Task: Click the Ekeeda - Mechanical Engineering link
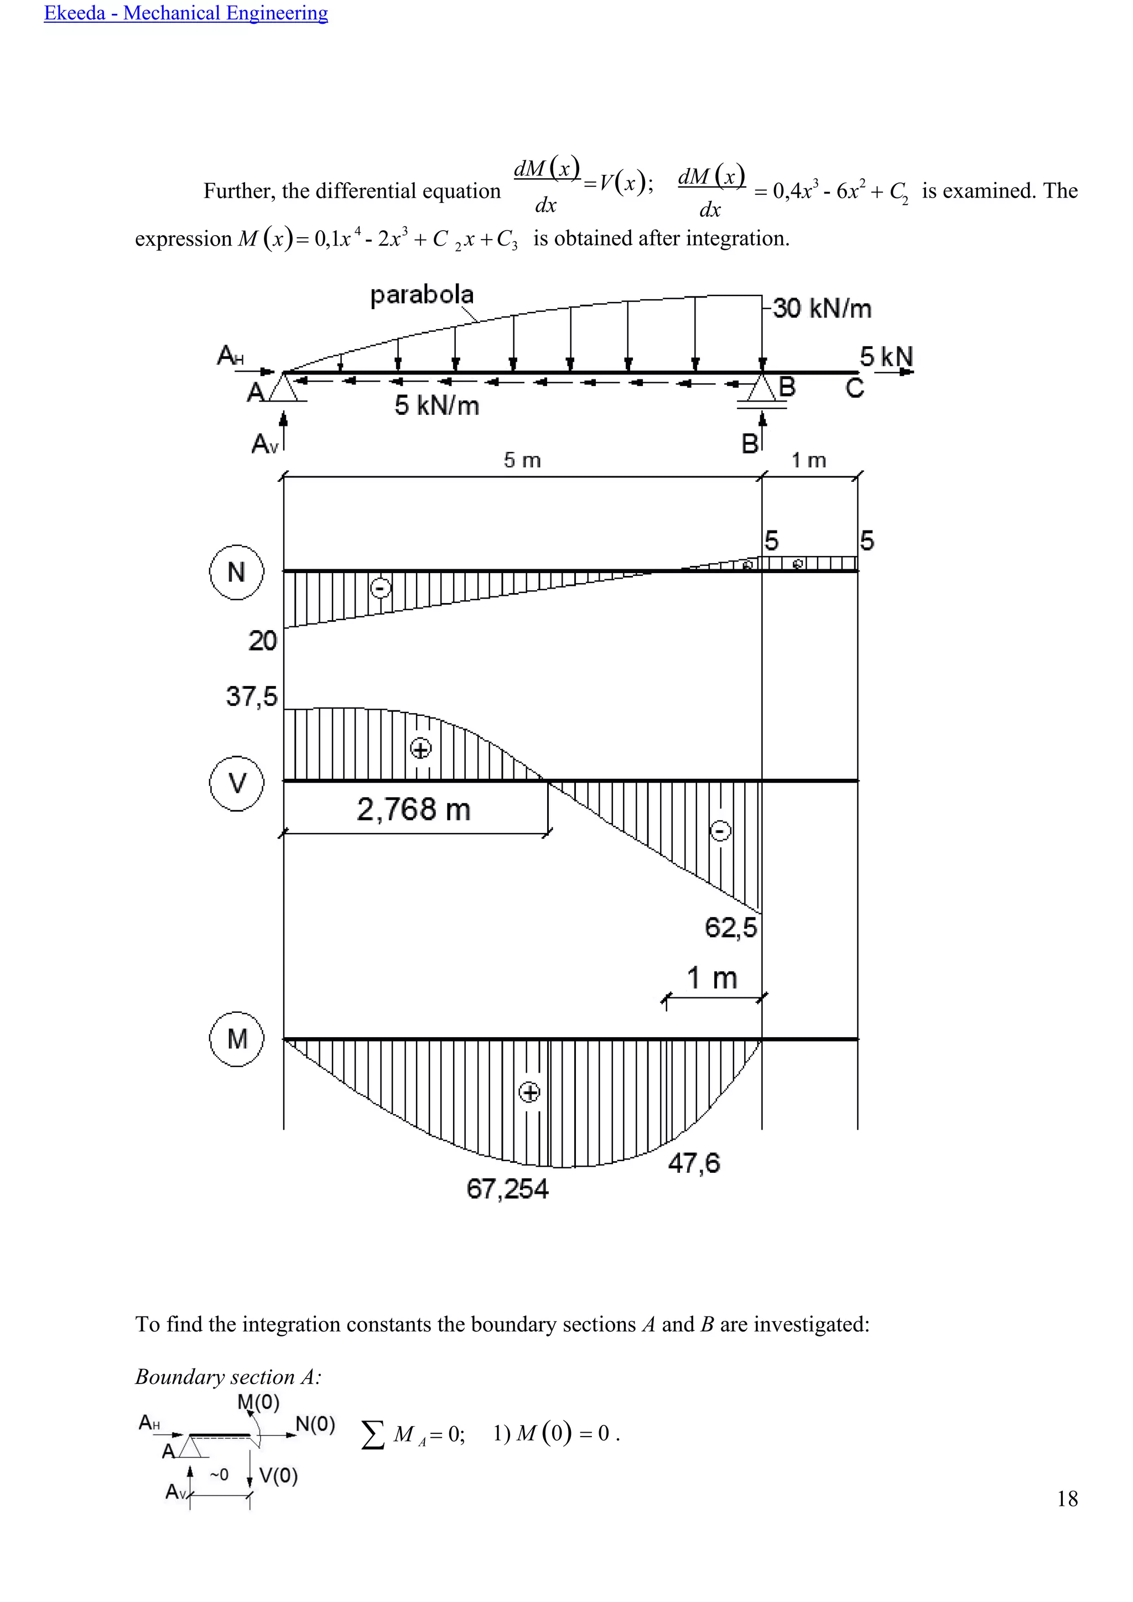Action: pos(185,13)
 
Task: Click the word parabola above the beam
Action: pos(422,295)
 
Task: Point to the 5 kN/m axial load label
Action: pos(436,405)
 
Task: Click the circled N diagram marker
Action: pos(237,572)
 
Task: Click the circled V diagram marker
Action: pos(237,783)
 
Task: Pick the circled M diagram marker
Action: pos(237,1039)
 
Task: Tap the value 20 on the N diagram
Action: pos(262,641)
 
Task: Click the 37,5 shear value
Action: pos(251,696)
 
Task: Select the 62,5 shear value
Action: pos(730,927)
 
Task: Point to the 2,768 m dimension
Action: pos(413,809)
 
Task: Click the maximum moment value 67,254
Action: pos(507,1189)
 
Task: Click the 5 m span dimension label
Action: pos(522,460)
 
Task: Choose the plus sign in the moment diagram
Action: pos(529,1092)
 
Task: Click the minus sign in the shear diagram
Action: pos(721,830)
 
